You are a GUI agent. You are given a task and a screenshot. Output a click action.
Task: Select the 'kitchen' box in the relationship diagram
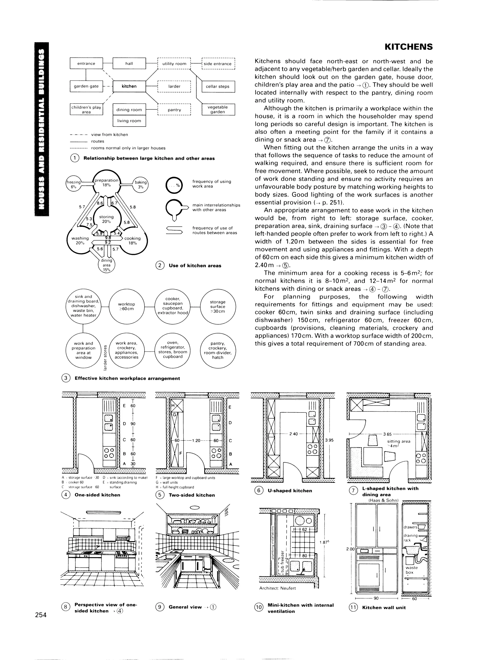pyautogui.click(x=129, y=86)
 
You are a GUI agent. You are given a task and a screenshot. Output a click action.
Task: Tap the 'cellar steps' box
pyautogui.click(x=218, y=87)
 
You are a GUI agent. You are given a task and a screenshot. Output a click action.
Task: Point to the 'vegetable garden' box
pyautogui.click(x=218, y=109)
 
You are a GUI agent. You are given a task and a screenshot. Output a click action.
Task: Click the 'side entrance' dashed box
pyautogui.click(x=218, y=64)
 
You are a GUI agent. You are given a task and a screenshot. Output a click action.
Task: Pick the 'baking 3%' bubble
pyautogui.click(x=141, y=184)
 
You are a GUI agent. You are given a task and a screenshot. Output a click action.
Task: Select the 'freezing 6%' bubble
pyautogui.click(x=73, y=185)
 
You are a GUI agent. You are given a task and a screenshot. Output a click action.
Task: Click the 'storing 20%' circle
pyautogui.click(x=106, y=219)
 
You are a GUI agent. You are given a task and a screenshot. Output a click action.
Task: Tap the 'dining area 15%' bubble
pyautogui.click(x=107, y=265)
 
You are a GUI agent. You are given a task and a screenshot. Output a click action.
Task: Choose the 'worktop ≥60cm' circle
pyautogui.click(x=126, y=306)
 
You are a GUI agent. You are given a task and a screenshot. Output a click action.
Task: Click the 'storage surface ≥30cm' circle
pyautogui.click(x=218, y=306)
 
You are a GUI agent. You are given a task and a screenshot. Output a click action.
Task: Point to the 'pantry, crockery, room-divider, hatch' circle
pyautogui.click(x=218, y=350)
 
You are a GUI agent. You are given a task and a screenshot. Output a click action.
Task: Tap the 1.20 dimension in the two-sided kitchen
pyautogui.click(x=196, y=441)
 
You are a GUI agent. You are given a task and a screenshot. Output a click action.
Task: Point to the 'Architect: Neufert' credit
pyautogui.click(x=277, y=588)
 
